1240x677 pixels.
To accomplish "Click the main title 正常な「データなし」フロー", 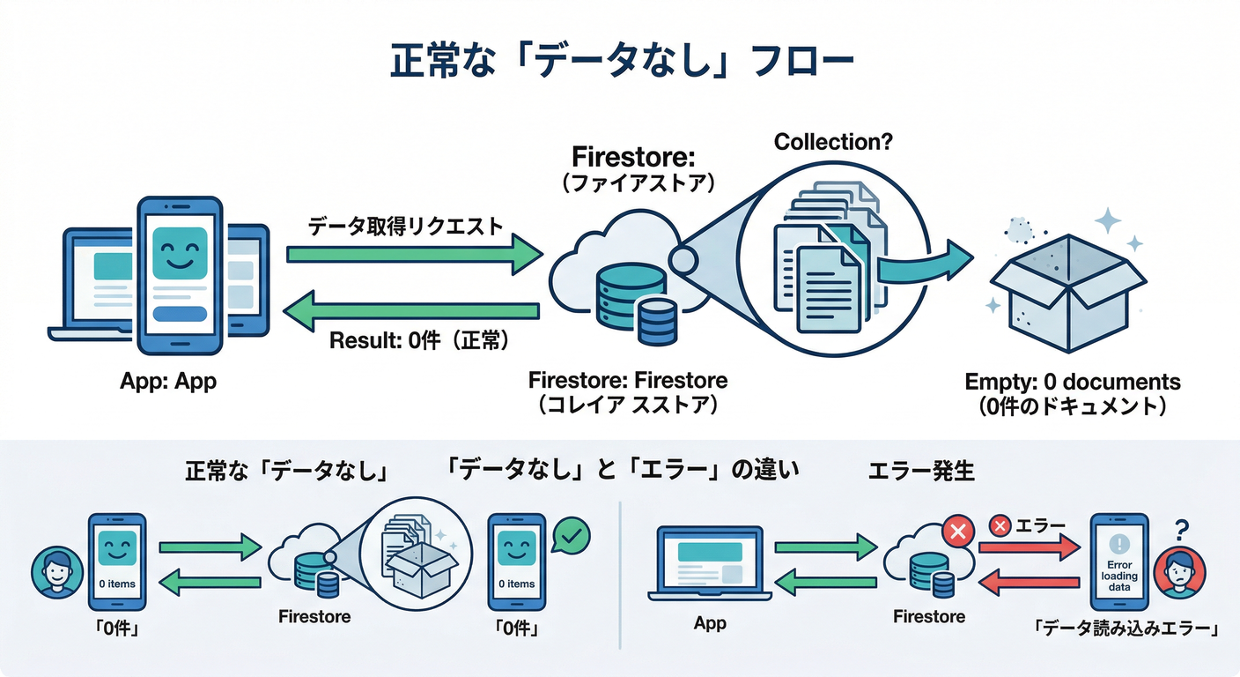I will pyautogui.click(x=622, y=64).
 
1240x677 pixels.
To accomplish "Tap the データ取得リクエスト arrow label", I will pyautogui.click(x=406, y=226).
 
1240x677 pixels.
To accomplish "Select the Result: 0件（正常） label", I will pyautogui.click(x=418, y=339).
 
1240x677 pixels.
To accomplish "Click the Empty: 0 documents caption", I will pyautogui.click(x=1072, y=383).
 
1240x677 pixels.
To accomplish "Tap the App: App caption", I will pyautogui.click(x=167, y=383).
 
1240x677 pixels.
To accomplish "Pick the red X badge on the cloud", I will pyautogui.click(x=956, y=532).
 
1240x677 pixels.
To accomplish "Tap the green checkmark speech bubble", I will pyautogui.click(x=569, y=534).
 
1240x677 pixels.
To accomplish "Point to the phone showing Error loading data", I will pyautogui.click(x=1119, y=563).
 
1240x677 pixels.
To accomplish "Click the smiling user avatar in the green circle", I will pyautogui.click(x=55, y=574).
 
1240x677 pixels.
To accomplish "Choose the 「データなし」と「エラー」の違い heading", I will pyautogui.click(x=624, y=471).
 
